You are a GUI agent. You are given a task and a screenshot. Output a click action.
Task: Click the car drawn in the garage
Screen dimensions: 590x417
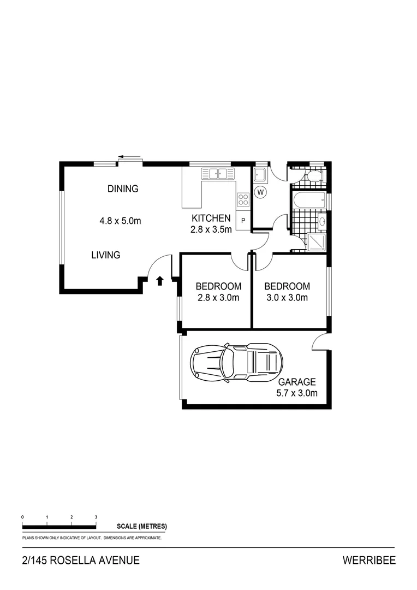(236, 362)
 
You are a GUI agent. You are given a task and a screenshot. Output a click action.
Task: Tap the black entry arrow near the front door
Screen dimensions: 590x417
(160, 281)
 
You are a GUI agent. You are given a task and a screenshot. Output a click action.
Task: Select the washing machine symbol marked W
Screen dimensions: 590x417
(260, 192)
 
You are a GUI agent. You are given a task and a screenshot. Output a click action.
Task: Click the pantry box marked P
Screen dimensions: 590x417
(243, 221)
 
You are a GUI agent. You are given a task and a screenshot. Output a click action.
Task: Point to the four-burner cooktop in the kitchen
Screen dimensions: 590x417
(243, 200)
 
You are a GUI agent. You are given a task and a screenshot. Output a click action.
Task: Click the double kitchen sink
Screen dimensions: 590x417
(217, 174)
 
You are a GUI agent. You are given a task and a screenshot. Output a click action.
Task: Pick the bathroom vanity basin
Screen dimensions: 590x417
(321, 222)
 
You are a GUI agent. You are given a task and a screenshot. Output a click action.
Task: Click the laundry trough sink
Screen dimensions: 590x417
(260, 175)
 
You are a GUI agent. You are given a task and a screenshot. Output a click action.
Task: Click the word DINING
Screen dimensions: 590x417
(123, 189)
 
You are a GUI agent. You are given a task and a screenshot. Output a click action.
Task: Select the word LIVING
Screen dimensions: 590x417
(105, 255)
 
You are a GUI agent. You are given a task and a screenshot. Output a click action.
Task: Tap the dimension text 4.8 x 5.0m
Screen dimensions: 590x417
(120, 221)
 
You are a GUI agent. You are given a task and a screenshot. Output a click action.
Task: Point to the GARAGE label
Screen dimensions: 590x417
(297, 382)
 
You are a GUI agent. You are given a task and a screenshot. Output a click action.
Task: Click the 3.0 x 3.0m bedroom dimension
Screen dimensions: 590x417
(287, 298)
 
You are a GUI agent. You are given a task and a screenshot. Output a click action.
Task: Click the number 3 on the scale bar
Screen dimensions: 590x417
(96, 516)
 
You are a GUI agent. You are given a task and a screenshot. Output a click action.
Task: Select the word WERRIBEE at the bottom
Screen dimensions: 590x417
(368, 560)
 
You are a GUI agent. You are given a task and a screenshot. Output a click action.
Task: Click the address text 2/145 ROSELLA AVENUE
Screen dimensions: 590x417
(81, 560)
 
